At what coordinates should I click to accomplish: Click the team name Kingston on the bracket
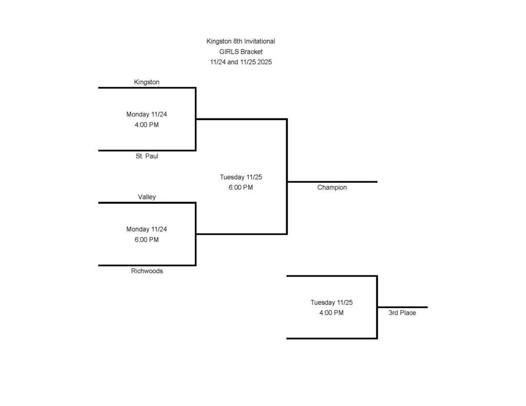click(146, 82)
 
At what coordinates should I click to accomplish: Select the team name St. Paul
click(147, 156)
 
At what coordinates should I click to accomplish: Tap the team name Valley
click(146, 197)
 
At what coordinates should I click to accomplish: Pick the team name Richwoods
click(147, 271)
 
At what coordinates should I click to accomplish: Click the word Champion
click(332, 188)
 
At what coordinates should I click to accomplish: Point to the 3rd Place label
click(402, 313)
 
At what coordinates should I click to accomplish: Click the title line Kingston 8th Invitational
click(240, 41)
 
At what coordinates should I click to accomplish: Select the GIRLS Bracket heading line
click(240, 52)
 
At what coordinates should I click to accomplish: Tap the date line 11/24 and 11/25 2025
click(240, 62)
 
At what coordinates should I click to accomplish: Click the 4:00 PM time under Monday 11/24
click(146, 125)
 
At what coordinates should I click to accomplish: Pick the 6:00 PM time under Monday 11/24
click(146, 240)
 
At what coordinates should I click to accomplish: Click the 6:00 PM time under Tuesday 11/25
click(240, 188)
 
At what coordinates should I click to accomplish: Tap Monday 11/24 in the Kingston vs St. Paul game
click(146, 114)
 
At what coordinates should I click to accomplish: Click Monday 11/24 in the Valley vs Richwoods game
click(146, 229)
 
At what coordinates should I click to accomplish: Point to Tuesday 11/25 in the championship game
click(241, 177)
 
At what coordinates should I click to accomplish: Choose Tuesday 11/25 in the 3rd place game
click(331, 302)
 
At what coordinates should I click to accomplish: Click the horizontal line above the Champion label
click(332, 182)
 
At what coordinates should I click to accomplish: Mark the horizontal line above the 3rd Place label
click(402, 307)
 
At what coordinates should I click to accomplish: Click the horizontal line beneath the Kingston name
click(146, 88)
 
